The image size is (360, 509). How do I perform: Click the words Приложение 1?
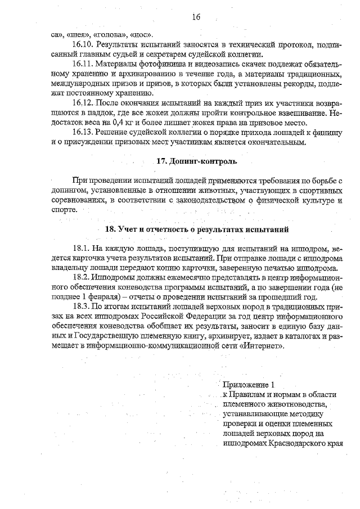(248, 385)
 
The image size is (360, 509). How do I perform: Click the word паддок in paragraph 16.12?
(91, 113)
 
